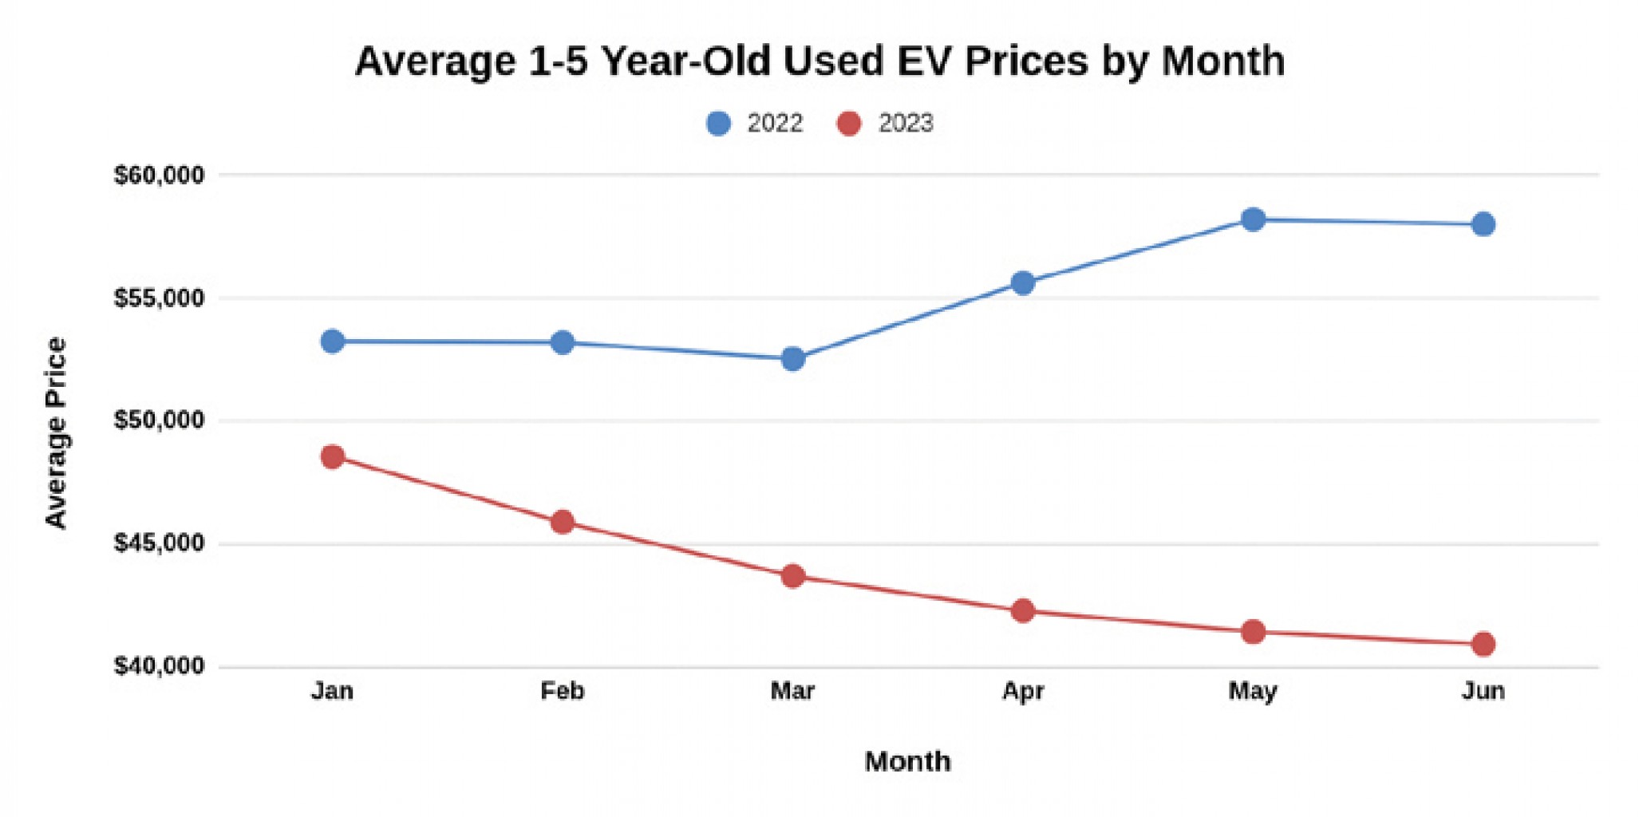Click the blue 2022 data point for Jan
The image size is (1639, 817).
tap(333, 341)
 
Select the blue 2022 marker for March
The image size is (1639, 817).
tap(792, 359)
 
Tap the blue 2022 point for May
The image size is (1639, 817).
tap(1253, 219)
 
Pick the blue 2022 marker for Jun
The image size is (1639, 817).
tap(1483, 224)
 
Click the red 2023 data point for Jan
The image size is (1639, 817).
tap(333, 457)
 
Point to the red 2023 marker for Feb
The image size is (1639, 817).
tap(563, 523)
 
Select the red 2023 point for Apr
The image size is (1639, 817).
tap(1023, 611)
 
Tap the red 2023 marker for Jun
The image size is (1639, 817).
tap(1483, 644)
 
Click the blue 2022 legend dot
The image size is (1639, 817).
tap(718, 124)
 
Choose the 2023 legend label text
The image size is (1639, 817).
tap(905, 124)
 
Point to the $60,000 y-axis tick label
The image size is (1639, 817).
tap(159, 175)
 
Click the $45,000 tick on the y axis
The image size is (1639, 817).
tap(159, 543)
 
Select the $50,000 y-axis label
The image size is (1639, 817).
tap(159, 420)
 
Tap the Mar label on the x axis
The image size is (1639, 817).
tap(792, 690)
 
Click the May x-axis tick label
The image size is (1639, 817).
tap(1253, 691)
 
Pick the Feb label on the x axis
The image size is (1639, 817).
tap(563, 690)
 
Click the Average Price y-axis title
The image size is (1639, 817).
tap(56, 432)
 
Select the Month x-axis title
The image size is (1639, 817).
tap(907, 761)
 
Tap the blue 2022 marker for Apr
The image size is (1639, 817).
tap(1023, 283)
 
